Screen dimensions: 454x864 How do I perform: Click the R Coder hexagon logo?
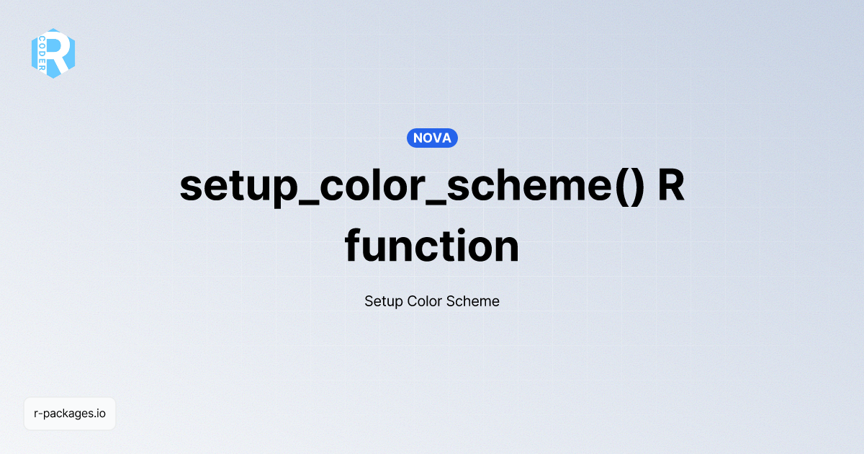(x=53, y=53)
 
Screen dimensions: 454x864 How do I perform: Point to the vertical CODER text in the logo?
(x=43, y=54)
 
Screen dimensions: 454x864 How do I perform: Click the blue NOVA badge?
(x=432, y=138)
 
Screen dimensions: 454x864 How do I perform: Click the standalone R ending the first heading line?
(x=671, y=186)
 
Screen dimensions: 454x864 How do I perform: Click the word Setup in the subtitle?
(x=383, y=301)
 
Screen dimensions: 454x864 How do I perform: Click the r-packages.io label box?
(x=70, y=414)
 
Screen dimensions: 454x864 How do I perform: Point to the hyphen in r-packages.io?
(x=40, y=414)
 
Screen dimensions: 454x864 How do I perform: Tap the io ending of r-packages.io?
(x=102, y=414)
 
